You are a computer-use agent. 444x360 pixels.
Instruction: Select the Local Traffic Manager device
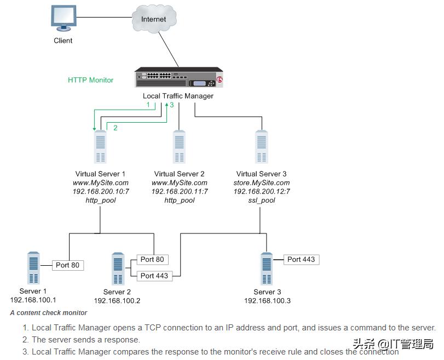(179, 79)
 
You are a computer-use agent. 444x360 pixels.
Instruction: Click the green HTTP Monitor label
(90, 80)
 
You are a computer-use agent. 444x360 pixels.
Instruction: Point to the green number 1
(147, 105)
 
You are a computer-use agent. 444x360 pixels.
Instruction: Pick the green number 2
(116, 128)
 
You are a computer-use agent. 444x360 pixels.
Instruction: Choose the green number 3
(171, 105)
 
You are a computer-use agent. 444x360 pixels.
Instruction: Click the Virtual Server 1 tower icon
(100, 147)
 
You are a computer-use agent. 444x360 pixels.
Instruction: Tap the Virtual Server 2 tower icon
(179, 147)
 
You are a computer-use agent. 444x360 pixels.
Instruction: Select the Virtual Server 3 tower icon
(262, 147)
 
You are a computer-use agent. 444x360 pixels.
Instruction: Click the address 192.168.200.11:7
(180, 192)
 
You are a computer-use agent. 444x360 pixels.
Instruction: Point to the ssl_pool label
(262, 201)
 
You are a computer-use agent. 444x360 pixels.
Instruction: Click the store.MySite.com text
(262, 183)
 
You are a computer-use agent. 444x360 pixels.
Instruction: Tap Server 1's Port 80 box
(68, 265)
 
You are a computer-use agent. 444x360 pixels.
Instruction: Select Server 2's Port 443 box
(154, 276)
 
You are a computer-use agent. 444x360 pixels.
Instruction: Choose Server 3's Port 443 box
(301, 259)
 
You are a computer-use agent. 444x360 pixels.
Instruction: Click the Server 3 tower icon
(267, 269)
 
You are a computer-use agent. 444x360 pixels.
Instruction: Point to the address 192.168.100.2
(117, 301)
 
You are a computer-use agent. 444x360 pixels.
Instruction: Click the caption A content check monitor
(48, 313)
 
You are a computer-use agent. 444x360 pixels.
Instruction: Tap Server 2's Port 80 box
(152, 259)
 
